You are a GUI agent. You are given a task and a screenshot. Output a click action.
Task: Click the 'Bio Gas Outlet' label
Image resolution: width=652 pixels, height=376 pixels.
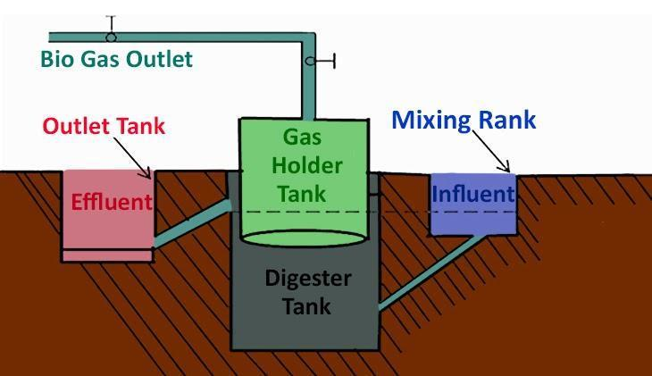coord(116,61)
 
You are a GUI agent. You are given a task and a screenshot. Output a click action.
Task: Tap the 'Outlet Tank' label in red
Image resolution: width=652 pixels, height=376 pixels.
coord(104,125)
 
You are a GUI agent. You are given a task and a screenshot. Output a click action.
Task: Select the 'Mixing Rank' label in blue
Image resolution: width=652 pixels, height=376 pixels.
coord(464,120)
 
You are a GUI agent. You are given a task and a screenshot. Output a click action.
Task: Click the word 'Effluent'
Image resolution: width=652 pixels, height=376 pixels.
coord(112,201)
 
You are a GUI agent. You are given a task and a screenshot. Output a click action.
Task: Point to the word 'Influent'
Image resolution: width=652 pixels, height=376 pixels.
coord(472,194)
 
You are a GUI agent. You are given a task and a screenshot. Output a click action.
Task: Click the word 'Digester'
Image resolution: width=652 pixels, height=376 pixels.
coord(307,278)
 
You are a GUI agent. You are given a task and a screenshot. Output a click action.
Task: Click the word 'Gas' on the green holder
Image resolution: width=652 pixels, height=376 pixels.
coord(303,138)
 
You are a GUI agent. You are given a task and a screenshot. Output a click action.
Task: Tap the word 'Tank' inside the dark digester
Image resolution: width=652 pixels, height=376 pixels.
coord(307,306)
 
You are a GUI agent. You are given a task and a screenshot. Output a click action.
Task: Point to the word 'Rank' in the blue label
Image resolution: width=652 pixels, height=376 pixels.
coord(503,120)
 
